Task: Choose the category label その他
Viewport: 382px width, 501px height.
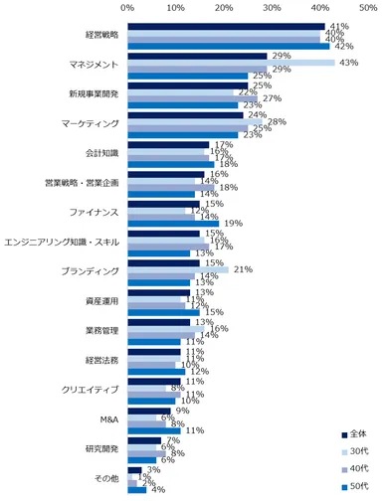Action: click(104, 479)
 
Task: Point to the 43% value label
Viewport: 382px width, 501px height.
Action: click(350, 63)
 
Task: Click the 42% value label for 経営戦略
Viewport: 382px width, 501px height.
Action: click(345, 46)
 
